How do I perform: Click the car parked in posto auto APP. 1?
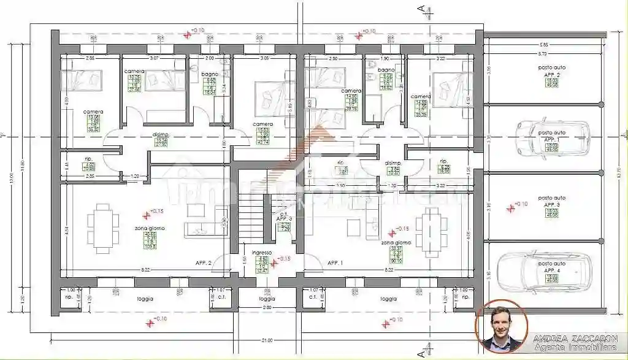tap(552, 136)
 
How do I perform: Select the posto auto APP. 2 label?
tap(552, 72)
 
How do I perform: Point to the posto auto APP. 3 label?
tap(552, 202)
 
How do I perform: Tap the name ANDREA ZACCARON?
tap(575, 339)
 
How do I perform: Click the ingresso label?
tap(262, 252)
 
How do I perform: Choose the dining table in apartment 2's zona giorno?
tap(99, 228)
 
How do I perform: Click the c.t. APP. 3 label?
tap(283, 219)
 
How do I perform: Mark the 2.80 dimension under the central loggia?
tap(266, 307)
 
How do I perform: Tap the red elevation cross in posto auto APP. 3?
tap(510, 207)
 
